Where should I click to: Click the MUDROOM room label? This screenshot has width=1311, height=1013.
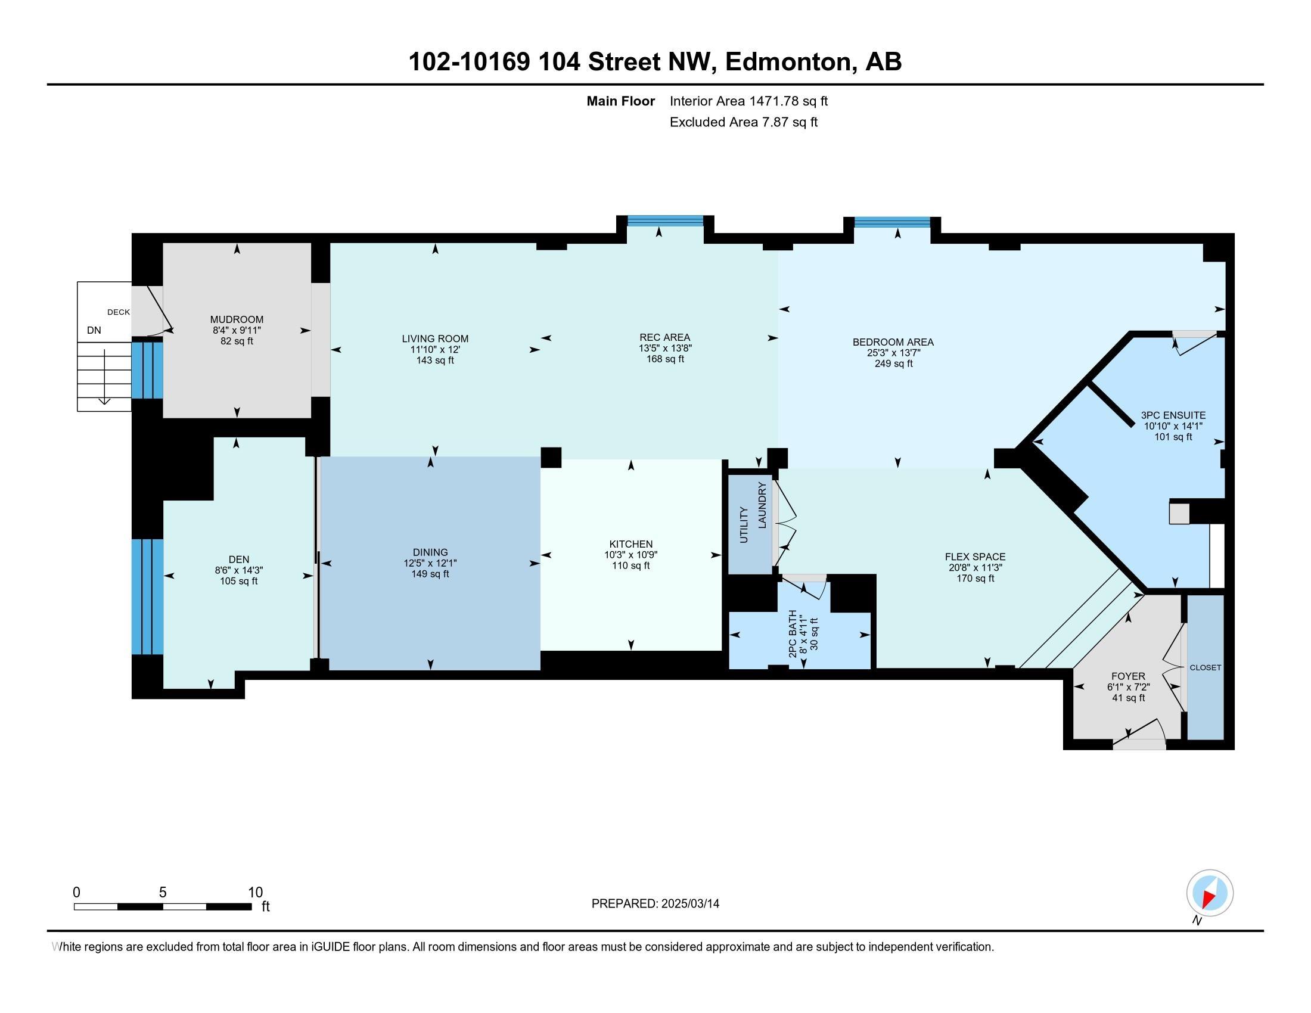(x=237, y=319)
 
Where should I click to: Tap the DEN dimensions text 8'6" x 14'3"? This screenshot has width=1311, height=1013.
(x=239, y=570)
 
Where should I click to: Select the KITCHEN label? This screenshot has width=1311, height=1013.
(x=630, y=543)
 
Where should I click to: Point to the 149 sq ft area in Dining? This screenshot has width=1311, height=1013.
(x=430, y=574)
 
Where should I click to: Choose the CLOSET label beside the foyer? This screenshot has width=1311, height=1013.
(x=1206, y=667)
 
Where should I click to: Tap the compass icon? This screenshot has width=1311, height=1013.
(x=1210, y=893)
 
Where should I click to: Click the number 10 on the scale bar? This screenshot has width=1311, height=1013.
(x=255, y=892)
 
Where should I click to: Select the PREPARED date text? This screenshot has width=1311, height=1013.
(x=655, y=903)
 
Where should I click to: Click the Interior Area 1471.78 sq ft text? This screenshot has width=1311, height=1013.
(x=748, y=101)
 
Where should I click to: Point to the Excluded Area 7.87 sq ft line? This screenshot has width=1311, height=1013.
(x=743, y=122)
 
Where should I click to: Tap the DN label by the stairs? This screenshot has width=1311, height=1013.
(x=94, y=330)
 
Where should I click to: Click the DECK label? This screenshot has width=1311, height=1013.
(x=118, y=312)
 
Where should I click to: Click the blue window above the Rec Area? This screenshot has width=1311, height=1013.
(x=665, y=220)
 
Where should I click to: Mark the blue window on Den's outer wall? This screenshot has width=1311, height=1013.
(x=147, y=596)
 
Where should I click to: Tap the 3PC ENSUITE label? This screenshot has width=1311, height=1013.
(x=1173, y=415)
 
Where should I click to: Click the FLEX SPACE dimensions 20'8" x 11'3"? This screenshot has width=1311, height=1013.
(x=974, y=567)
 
